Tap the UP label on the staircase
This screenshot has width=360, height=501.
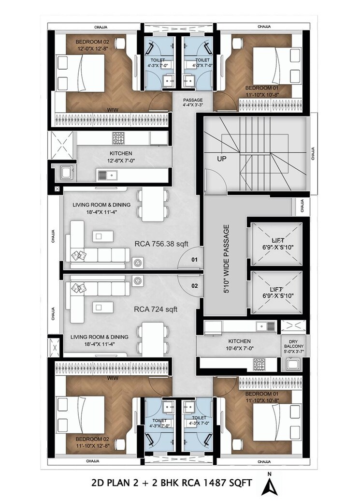[222, 158]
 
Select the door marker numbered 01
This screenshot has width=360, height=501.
[194, 260]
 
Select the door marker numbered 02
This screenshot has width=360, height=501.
[194, 285]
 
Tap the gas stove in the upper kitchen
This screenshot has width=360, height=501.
[118, 138]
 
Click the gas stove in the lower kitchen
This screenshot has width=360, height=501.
[259, 363]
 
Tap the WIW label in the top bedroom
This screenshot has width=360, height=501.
[113, 109]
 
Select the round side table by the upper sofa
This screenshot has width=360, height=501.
[138, 262]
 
